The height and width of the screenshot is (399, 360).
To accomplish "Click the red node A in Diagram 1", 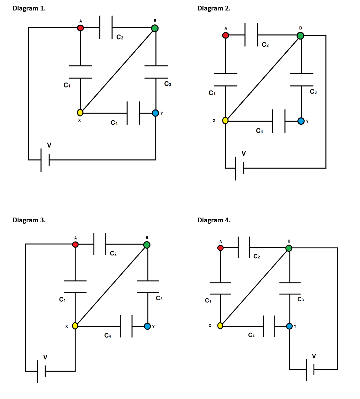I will coord(80,28).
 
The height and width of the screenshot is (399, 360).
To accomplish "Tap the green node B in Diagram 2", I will coord(300,35).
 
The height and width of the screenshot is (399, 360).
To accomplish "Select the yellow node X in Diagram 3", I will coord(75,326).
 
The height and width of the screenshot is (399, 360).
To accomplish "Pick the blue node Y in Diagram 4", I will coord(289,326).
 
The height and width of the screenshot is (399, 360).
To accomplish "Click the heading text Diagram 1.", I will coord(29,8).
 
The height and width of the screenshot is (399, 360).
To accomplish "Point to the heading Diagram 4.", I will coord(214,220).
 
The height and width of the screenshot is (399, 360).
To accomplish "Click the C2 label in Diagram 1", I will coord(120,37).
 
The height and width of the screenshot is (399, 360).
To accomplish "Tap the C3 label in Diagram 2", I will coord(313,92).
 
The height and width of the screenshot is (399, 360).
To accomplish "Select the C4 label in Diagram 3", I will coord(107,335).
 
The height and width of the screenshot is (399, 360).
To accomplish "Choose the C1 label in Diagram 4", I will coord(208,300).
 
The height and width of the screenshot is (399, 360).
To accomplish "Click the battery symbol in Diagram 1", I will coord(45,160).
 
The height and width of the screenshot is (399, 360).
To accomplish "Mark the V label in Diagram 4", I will coord(314,356).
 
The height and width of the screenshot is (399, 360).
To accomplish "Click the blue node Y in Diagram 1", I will coord(155,113).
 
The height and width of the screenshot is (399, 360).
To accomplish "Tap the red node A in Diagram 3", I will coord(75,244).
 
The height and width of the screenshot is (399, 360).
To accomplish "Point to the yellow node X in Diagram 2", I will coord(225,121).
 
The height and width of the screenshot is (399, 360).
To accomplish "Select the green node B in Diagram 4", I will coord(289,248).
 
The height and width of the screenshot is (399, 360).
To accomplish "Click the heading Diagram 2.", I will coord(214,8).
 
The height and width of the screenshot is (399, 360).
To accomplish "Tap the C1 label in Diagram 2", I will coord(212,93).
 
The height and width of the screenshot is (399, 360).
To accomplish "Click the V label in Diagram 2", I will coord(244,153).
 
